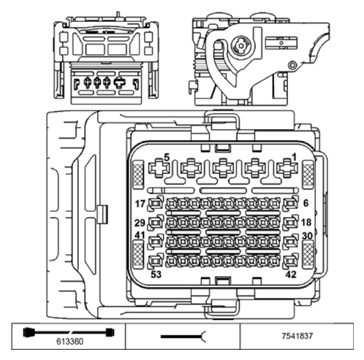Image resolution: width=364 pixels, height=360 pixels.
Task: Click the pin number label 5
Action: (167, 157)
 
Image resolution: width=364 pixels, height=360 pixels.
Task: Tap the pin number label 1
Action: (295, 157)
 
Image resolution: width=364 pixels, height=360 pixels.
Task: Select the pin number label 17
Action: (140, 204)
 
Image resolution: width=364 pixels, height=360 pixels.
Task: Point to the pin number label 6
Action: (306, 203)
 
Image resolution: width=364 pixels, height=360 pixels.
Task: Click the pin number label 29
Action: (140, 223)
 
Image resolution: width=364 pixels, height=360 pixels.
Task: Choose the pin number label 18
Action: (306, 222)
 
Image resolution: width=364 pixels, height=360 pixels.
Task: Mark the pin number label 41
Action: (140, 235)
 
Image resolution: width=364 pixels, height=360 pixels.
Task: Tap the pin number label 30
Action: (307, 236)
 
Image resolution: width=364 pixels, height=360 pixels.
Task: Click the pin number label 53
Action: (156, 275)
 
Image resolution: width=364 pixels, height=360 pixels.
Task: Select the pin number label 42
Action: (291, 275)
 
